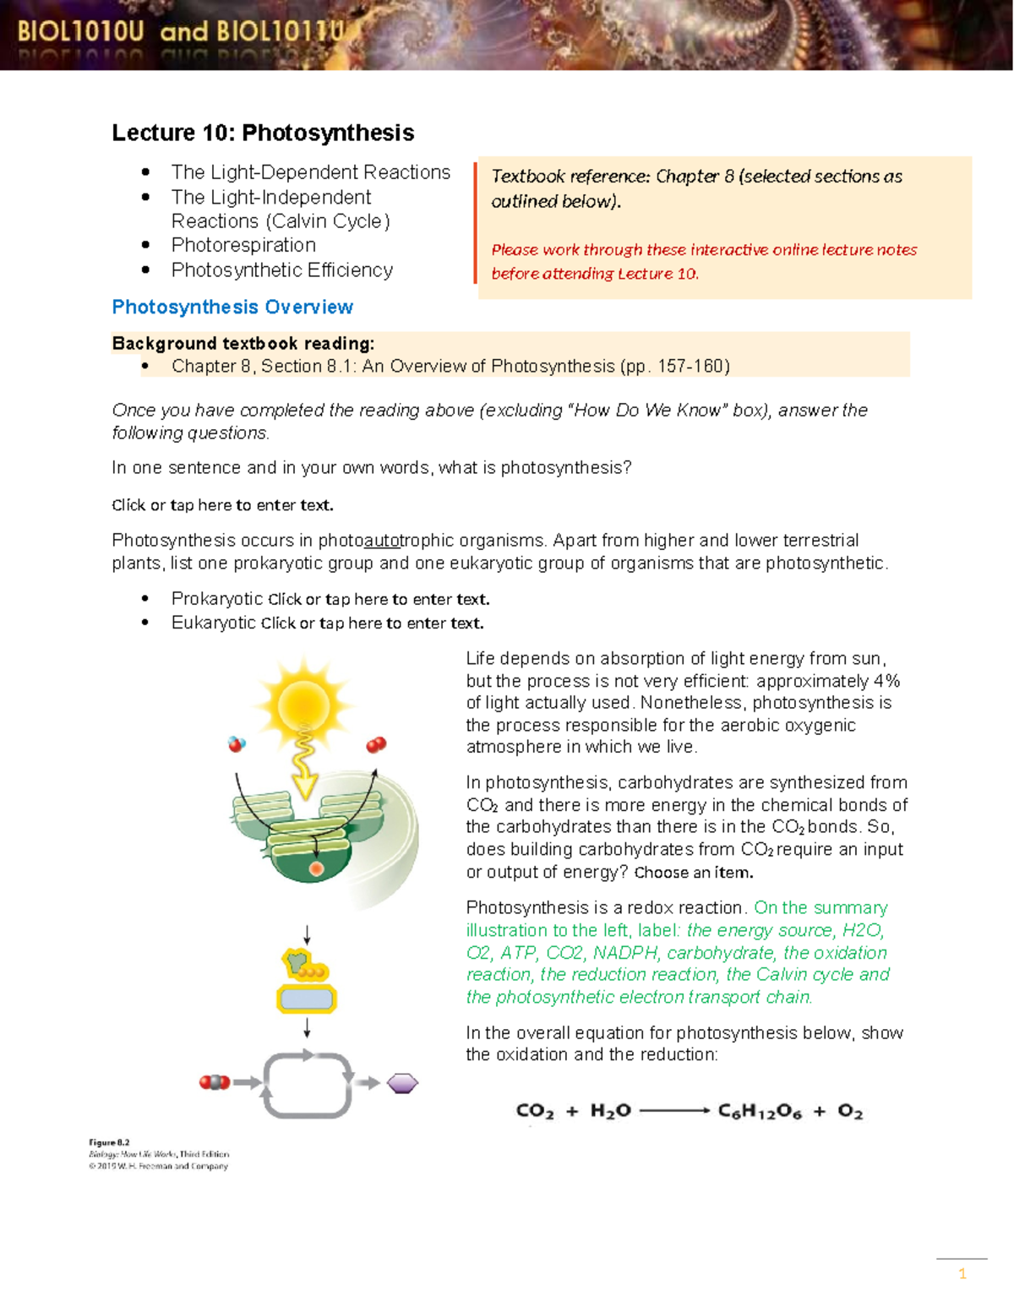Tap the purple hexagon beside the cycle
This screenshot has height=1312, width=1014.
coord(402,1083)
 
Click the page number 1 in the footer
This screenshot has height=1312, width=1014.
coord(962,1274)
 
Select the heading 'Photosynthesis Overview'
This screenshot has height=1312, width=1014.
coord(232,307)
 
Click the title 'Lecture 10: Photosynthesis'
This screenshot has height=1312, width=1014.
coord(263,133)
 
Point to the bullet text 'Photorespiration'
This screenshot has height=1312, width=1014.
coord(243,245)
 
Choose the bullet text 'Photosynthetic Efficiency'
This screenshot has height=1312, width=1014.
coord(281,270)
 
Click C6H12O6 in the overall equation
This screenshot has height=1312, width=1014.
coord(759,1111)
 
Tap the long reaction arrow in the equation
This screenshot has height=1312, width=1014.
coord(674,1111)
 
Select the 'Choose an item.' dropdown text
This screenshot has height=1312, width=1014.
coord(693,873)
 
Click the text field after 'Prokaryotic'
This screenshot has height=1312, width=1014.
coord(379,600)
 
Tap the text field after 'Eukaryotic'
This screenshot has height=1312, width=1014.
coord(373,623)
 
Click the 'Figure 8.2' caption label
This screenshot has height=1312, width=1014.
coord(109,1142)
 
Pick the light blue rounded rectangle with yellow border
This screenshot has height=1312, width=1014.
coord(307,999)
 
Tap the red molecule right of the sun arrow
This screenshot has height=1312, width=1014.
coord(376,744)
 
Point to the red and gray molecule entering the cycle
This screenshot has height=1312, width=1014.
coord(215,1082)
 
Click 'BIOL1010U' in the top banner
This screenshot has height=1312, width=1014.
coord(81,32)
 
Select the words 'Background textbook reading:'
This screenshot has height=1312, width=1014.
coord(243,344)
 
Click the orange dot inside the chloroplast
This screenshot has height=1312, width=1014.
coord(316,868)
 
